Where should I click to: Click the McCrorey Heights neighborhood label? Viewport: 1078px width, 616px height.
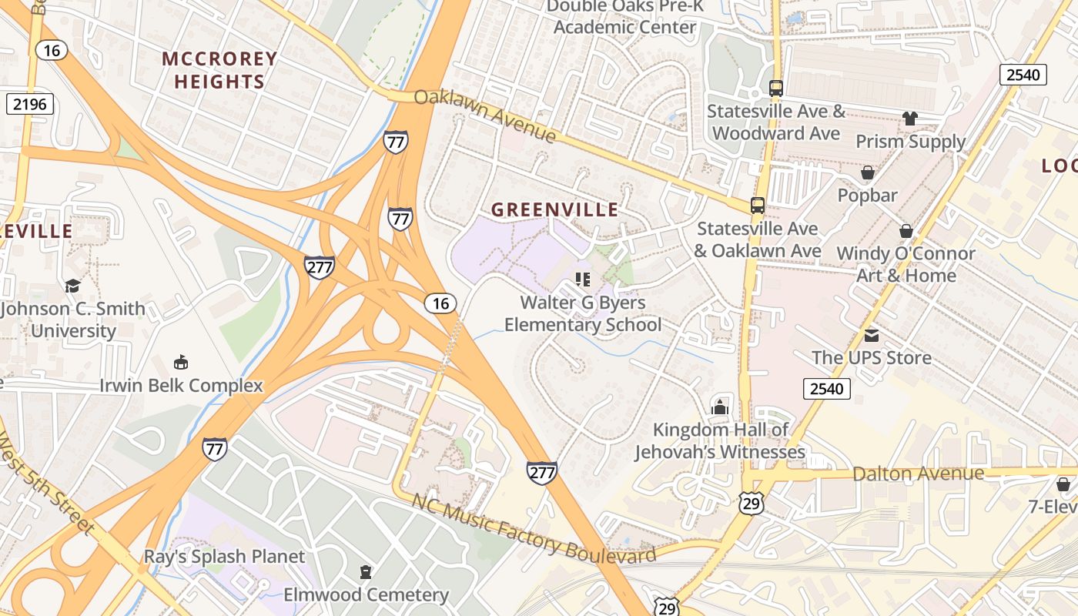(x=219, y=70)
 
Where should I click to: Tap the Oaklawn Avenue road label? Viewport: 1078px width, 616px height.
(x=485, y=116)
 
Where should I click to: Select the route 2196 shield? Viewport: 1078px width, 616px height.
(x=29, y=104)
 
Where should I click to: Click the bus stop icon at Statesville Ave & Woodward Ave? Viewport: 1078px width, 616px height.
(x=775, y=89)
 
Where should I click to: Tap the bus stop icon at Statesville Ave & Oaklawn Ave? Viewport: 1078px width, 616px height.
(x=758, y=206)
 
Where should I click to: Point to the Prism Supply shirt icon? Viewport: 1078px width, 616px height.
(x=910, y=119)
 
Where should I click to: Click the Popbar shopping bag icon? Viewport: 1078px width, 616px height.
(x=868, y=172)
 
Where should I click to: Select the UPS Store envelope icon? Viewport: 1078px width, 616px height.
(x=872, y=335)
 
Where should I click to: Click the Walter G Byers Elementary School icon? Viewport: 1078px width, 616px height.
(x=582, y=280)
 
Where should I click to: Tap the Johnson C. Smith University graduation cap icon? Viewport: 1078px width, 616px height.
(x=72, y=286)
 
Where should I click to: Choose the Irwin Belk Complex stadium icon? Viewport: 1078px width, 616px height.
(x=181, y=362)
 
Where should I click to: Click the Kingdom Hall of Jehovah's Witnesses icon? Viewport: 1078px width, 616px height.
(x=720, y=407)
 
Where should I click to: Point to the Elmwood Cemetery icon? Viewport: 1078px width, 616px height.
(x=366, y=572)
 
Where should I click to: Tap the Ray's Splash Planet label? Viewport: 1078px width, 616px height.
(x=225, y=556)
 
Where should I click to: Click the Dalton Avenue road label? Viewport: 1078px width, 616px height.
(x=918, y=473)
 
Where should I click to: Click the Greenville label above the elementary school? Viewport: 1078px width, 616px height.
(x=554, y=209)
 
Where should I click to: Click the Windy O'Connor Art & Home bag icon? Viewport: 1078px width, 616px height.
(x=906, y=231)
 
